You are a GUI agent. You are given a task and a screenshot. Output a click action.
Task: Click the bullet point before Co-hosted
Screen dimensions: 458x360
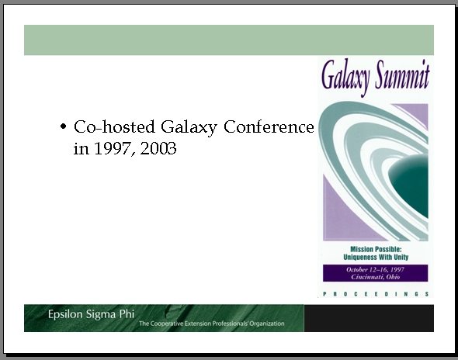(x=63, y=126)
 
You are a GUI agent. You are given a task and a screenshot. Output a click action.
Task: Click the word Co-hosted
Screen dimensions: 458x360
(x=114, y=126)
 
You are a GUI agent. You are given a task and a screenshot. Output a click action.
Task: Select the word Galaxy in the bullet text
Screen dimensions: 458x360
(x=189, y=127)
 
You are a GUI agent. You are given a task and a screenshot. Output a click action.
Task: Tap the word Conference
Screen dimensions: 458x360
(x=269, y=126)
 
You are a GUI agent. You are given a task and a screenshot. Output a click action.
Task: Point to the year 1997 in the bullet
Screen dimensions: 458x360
(x=113, y=149)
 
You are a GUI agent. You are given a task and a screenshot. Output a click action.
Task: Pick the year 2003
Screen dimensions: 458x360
(x=158, y=148)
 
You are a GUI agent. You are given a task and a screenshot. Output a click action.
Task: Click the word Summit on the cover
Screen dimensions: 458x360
(x=402, y=74)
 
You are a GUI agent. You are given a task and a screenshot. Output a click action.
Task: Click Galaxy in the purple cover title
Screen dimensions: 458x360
(x=346, y=78)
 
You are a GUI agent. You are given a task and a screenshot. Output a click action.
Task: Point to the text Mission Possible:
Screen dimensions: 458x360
(x=376, y=249)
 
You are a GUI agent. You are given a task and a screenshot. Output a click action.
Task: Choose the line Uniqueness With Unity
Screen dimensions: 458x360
(x=376, y=258)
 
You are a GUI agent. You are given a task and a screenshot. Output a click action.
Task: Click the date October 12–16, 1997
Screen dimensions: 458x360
(x=376, y=269)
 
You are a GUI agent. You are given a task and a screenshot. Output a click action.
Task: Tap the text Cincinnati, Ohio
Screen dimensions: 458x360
(x=376, y=277)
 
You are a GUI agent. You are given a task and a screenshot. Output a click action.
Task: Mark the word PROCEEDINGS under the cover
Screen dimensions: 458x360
(x=376, y=294)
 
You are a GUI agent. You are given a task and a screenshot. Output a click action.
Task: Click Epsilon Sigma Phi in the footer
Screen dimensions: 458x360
(x=91, y=314)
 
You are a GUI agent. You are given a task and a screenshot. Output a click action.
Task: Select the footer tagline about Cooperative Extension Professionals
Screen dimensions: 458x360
(x=211, y=324)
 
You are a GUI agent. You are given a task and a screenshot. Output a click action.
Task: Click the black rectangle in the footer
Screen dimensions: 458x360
(x=369, y=318)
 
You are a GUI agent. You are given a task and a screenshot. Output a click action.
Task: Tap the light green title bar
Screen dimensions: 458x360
(x=229, y=40)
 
